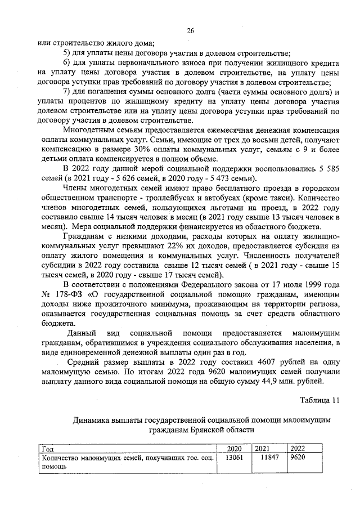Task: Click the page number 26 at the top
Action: click(x=190, y=31)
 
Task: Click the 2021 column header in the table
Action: click(x=263, y=448)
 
